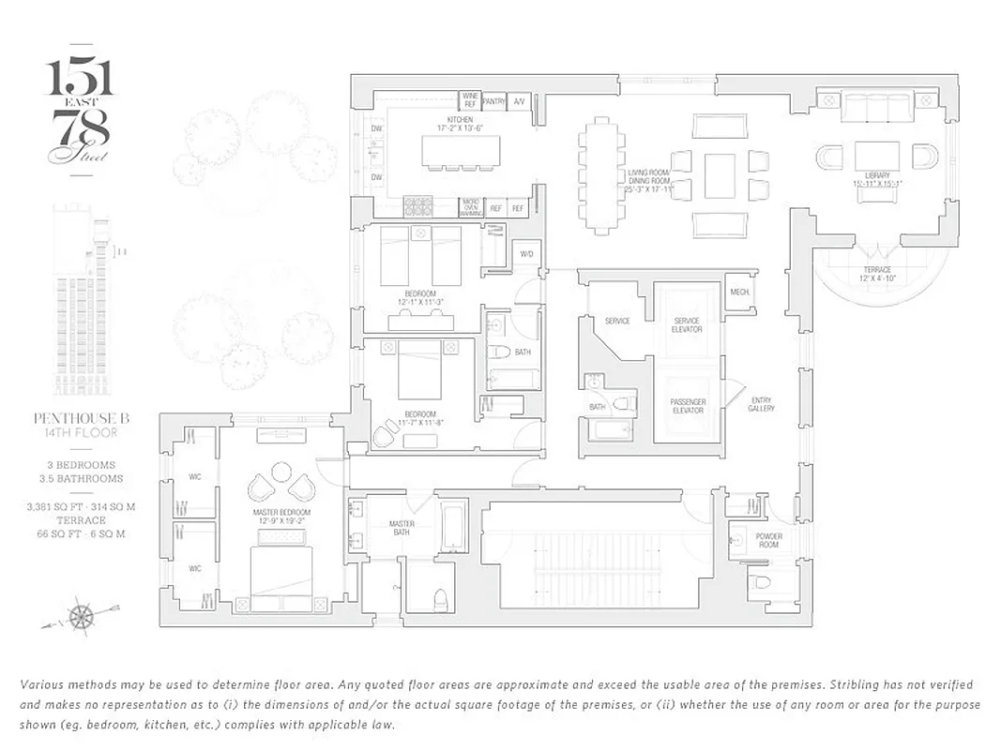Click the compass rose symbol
coord(82,617)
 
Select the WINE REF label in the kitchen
coord(470,99)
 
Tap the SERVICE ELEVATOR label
coord(688,324)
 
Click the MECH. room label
coord(740,292)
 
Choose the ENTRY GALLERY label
coord(761,404)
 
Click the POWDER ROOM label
coord(768,541)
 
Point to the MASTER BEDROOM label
coord(281,514)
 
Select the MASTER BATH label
coord(402,529)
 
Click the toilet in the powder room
coord(761,582)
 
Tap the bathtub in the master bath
coord(453,529)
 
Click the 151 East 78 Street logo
coord(81,111)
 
